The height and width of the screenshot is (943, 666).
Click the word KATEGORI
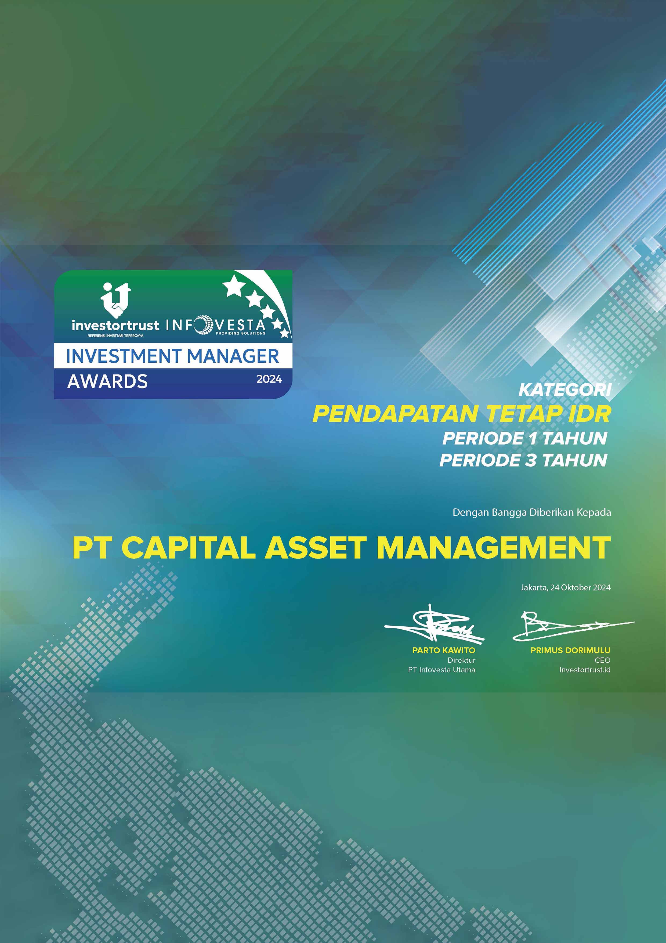pyautogui.click(x=565, y=390)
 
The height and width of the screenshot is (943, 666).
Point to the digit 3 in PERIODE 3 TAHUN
pyautogui.click(x=531, y=460)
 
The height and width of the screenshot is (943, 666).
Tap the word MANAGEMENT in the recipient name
pyautogui.click(x=493, y=548)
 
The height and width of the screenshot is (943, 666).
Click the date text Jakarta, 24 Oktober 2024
pyautogui.click(x=565, y=587)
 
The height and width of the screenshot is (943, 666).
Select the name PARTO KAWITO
pyautogui.click(x=444, y=650)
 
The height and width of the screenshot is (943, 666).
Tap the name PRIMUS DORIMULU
pyautogui.click(x=570, y=650)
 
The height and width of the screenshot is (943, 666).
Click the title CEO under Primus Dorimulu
pyautogui.click(x=602, y=660)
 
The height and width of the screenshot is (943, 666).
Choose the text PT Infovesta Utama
pyautogui.click(x=441, y=669)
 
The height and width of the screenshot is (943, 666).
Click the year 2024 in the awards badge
pyautogui.click(x=269, y=379)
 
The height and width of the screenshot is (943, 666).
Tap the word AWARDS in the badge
pyautogui.click(x=107, y=381)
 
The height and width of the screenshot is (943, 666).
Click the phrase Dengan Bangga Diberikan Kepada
pyautogui.click(x=531, y=513)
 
